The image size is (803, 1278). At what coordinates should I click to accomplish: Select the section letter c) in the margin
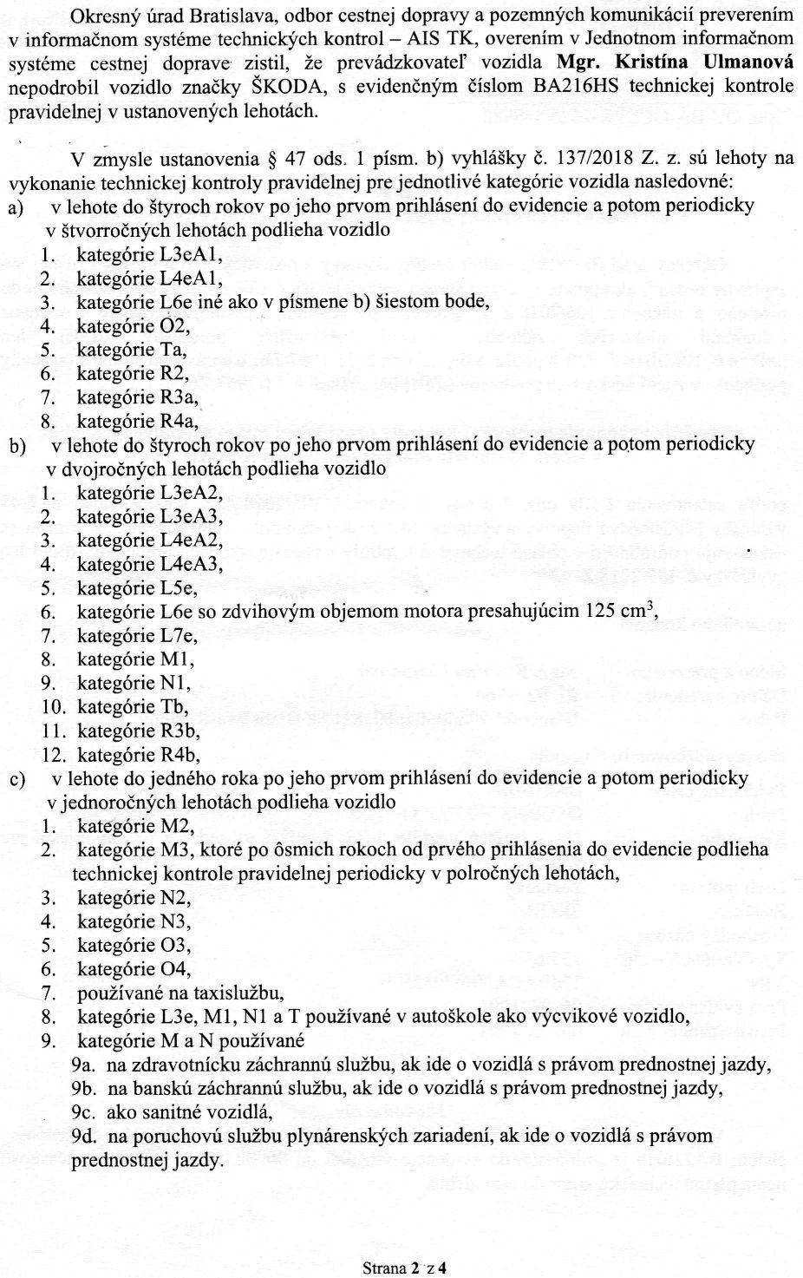(x=17, y=779)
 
